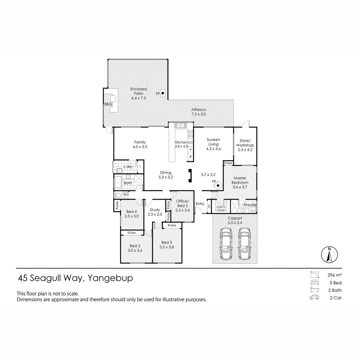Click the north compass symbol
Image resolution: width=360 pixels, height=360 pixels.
click(x=329, y=255)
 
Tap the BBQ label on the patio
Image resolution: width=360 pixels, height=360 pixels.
click(x=108, y=104)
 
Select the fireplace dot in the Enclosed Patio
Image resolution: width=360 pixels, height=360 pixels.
click(x=163, y=93)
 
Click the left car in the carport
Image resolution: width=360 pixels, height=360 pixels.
click(x=226, y=243)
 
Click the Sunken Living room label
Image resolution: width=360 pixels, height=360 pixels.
click(x=213, y=144)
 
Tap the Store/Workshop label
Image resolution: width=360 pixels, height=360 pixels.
click(x=245, y=145)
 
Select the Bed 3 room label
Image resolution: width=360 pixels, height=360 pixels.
click(x=167, y=245)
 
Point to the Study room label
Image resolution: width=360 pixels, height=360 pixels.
click(x=155, y=212)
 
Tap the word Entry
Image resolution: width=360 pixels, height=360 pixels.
click(x=200, y=204)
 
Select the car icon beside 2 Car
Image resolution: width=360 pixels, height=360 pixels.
click(x=314, y=298)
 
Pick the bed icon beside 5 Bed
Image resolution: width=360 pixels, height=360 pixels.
click(x=314, y=283)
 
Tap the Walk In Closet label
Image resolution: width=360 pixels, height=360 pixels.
click(x=221, y=209)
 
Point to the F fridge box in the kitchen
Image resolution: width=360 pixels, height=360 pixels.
click(x=191, y=157)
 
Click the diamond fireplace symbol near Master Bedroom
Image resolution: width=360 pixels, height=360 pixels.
click(x=218, y=185)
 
